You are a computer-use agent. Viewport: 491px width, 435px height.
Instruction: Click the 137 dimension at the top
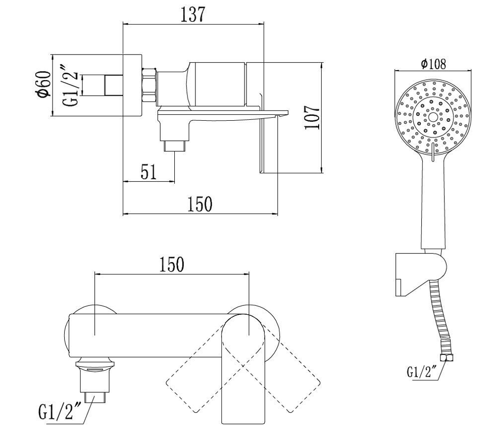coord(193,14)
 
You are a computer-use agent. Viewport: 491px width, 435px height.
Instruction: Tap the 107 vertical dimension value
coord(312,117)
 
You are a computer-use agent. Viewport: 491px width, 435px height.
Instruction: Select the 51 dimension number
coord(148,172)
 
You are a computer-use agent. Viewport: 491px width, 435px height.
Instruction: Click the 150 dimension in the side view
coord(200,204)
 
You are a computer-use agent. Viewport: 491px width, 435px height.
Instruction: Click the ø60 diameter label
coord(43,84)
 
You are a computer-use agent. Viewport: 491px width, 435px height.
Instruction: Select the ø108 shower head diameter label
coord(434,64)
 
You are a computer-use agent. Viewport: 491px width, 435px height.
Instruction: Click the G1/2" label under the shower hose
coord(421,372)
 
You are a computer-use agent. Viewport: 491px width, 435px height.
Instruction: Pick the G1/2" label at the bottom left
coord(60,411)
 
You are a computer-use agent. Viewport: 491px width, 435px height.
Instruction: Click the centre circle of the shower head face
coord(433,117)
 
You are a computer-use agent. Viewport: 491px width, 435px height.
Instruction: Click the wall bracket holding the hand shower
coord(420,274)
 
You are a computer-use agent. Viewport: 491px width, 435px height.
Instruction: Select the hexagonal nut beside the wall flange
coord(149,85)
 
